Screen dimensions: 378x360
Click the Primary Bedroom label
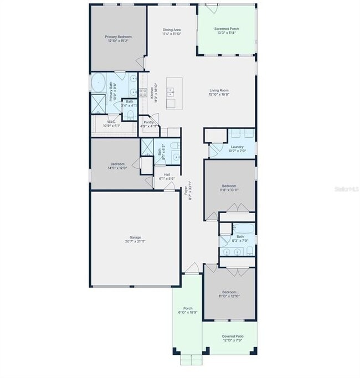point(119,37)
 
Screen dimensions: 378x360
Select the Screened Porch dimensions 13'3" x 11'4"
point(227,33)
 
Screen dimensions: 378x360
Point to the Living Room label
point(219,90)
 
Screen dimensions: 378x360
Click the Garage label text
point(135,237)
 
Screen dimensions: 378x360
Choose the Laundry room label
point(229,146)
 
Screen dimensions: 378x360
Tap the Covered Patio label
point(233,336)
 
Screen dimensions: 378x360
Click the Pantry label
point(148,122)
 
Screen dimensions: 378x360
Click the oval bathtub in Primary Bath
point(100,82)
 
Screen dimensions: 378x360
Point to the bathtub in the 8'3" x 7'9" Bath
point(244,228)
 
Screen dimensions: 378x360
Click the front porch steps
point(191,360)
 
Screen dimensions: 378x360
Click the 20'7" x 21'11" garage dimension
point(135,241)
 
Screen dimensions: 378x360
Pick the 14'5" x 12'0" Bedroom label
point(119,164)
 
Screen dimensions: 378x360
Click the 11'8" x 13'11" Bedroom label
point(229,185)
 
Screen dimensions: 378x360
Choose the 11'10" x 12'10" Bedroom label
point(229,292)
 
